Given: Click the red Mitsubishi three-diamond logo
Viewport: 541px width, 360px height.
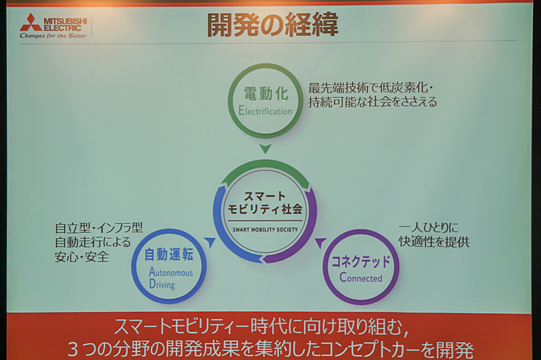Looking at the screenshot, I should (x=30, y=22).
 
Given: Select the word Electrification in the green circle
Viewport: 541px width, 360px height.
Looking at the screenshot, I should (x=265, y=111).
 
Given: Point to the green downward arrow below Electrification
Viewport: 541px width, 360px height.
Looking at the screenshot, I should (x=266, y=148).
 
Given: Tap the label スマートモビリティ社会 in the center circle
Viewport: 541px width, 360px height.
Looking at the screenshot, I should (x=265, y=202).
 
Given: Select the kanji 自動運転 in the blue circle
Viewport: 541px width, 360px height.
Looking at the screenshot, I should (x=169, y=255).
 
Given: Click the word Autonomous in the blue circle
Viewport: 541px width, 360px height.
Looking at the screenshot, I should (x=170, y=272).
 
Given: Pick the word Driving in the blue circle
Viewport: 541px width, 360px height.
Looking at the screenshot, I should (x=162, y=285).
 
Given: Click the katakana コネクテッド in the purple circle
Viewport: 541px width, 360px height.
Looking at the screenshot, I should (x=360, y=261).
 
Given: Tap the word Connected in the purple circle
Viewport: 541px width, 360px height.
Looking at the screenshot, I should (x=360, y=277).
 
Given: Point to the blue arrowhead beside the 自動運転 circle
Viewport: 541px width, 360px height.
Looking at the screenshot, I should (x=210, y=242).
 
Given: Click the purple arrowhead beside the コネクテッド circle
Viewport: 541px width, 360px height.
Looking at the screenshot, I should (x=321, y=242).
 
